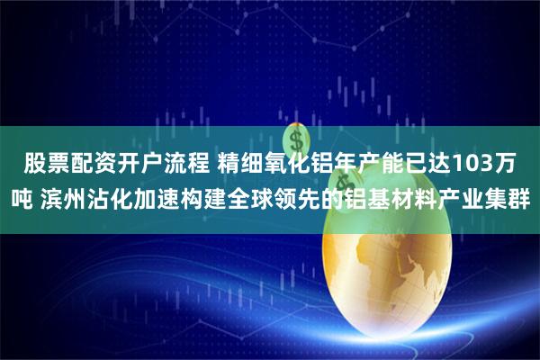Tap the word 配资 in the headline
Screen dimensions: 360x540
(94, 164)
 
